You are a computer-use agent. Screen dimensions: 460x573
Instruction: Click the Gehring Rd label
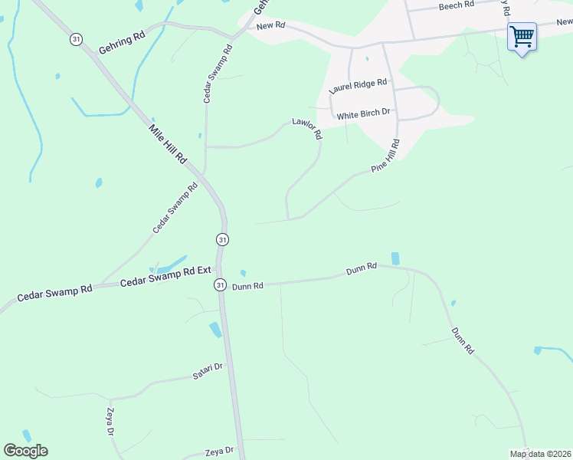[122, 42]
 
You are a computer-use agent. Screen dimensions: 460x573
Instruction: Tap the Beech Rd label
[458, 5]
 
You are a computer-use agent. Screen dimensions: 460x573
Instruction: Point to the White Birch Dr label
[364, 114]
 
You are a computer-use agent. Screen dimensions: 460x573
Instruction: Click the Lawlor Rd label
[307, 127]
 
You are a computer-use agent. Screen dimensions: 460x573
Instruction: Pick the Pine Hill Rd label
[385, 156]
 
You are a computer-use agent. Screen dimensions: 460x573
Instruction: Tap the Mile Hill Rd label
[167, 143]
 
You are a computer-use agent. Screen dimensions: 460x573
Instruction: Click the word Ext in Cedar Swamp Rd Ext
[201, 271]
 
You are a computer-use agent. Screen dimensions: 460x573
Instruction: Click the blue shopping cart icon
[522, 36]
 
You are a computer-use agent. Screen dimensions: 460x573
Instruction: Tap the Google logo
[25, 451]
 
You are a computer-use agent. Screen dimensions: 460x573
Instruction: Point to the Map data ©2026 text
[540, 454]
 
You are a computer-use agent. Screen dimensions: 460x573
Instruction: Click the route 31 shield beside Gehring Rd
[75, 39]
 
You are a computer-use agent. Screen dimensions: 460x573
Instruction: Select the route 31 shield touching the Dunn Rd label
[220, 284]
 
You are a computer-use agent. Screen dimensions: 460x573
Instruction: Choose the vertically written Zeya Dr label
[111, 422]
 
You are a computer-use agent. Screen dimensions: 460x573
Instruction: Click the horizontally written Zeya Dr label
[219, 452]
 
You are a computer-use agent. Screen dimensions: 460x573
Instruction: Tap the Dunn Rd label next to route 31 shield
[247, 286]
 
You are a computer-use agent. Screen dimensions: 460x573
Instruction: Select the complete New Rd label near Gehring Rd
[270, 26]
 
